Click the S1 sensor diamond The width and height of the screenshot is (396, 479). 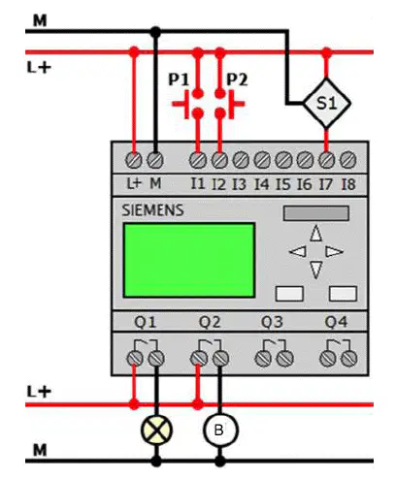327,104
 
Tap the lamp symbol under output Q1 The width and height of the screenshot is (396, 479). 156,430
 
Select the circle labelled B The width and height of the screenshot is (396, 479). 220,430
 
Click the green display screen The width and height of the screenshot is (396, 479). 189,260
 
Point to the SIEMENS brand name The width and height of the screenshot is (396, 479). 152,210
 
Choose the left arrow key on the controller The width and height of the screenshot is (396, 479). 298,251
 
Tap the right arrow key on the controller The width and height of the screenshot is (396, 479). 334,251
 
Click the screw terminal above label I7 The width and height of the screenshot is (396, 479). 327,160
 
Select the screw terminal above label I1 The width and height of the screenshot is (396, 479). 198,160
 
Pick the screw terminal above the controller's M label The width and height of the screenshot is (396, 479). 155,160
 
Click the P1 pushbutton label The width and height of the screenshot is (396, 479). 179,80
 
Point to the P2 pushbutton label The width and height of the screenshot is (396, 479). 237,80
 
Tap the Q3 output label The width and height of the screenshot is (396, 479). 272,322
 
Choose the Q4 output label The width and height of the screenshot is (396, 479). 336,322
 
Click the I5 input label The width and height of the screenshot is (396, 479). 283,184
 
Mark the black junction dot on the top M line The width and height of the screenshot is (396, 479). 155,32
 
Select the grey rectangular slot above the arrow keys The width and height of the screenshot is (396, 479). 316,213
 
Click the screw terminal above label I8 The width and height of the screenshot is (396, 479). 348,160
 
